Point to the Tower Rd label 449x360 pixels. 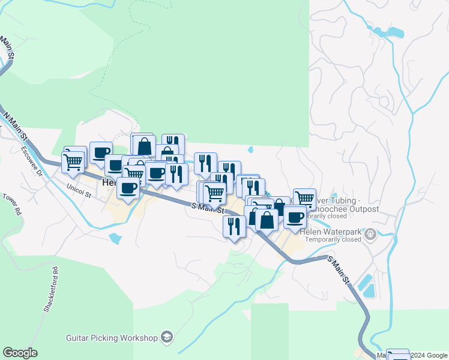coord(11,204)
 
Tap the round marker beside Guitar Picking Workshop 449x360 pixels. coord(166,338)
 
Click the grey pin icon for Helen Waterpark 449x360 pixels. coord(371,233)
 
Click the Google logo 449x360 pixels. coord(20,353)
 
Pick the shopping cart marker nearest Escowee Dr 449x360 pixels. coord(73,160)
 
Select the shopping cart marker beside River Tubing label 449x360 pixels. coord(304,197)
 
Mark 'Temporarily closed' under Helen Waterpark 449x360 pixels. coord(333,239)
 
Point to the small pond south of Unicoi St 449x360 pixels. coord(115,238)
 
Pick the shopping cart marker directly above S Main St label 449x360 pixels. coord(214,193)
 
